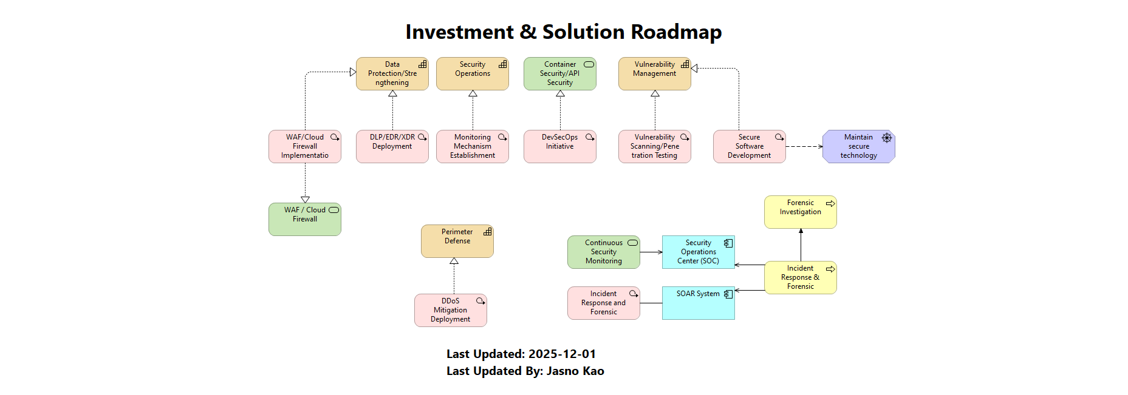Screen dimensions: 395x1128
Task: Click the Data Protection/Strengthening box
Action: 392,73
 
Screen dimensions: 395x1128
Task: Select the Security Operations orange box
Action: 472,73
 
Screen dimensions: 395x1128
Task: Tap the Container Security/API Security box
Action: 559,73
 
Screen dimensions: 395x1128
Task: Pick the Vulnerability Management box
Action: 654,73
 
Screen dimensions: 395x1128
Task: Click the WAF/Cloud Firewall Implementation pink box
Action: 304,146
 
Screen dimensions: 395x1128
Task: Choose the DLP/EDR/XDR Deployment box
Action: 392,146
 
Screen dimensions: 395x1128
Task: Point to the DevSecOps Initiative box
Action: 559,146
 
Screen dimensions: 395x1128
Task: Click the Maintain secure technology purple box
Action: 858,146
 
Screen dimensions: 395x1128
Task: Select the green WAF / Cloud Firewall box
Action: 304,219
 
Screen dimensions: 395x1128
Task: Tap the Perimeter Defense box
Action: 457,241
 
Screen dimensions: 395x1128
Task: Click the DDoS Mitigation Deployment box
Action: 450,310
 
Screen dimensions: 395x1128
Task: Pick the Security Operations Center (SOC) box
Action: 698,252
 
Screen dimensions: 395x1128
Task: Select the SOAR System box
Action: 698,303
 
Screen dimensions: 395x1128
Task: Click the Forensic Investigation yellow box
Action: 800,212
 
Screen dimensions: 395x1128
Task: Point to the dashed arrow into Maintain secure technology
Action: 804,146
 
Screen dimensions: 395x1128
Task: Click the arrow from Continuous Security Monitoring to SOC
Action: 651,252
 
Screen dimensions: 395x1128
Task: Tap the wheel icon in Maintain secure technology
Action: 887,138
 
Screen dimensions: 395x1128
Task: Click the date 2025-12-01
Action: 562,354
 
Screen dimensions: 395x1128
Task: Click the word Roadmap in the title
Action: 676,32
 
